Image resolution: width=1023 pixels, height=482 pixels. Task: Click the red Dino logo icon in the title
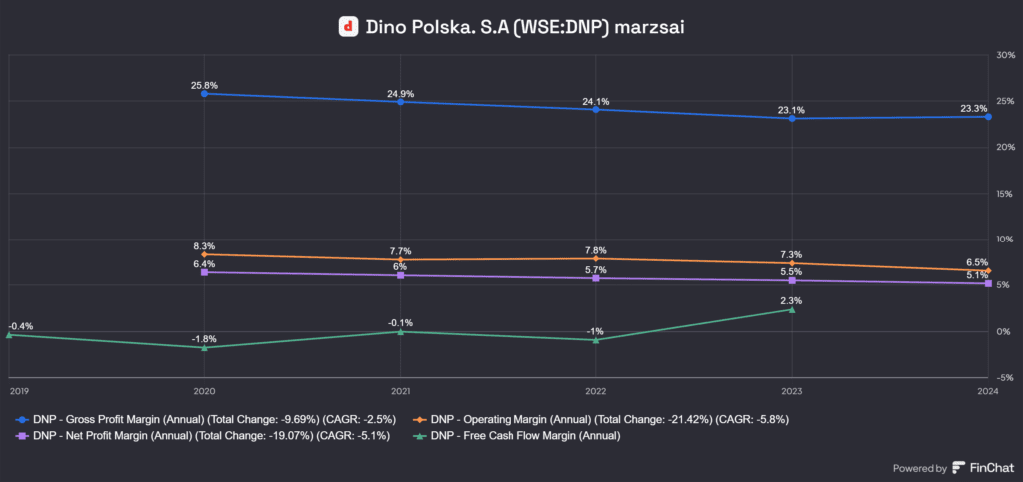point(348,27)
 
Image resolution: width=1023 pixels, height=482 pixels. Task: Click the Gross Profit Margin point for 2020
point(204,94)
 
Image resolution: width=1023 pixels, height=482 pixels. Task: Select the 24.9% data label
point(400,94)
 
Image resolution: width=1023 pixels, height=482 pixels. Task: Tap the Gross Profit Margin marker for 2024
point(988,116)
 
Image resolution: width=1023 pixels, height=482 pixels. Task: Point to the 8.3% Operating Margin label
point(204,245)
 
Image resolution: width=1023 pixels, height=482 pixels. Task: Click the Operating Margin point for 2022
point(596,258)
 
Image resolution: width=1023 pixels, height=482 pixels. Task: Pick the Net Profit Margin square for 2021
point(400,275)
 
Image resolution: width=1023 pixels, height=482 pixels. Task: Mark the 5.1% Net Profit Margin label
point(977,275)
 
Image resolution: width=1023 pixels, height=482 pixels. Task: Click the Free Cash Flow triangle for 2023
point(792,309)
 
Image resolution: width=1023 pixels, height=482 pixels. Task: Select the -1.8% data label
point(204,339)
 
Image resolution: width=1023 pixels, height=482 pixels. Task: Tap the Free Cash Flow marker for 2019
point(9,335)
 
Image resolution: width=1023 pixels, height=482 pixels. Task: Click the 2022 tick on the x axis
point(596,391)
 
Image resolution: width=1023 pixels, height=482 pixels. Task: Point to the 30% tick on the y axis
point(1004,55)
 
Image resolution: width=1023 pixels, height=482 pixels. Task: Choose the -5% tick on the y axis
point(1004,377)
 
